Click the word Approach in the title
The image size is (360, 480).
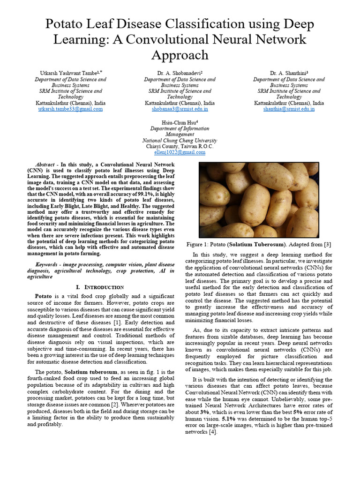pyautogui.click(x=180, y=55)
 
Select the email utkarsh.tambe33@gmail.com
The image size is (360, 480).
pyautogui.click(x=70, y=109)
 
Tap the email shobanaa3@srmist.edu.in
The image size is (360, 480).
pyautogui.click(x=180, y=109)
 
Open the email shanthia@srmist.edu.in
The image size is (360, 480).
pyautogui.click(x=289, y=109)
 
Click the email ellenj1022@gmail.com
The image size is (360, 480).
pyautogui.click(x=180, y=152)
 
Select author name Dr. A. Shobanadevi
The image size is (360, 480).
pyautogui.click(x=179, y=74)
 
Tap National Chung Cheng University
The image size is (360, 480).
pyautogui.click(x=180, y=140)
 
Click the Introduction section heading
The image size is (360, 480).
pyautogui.click(x=99, y=287)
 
